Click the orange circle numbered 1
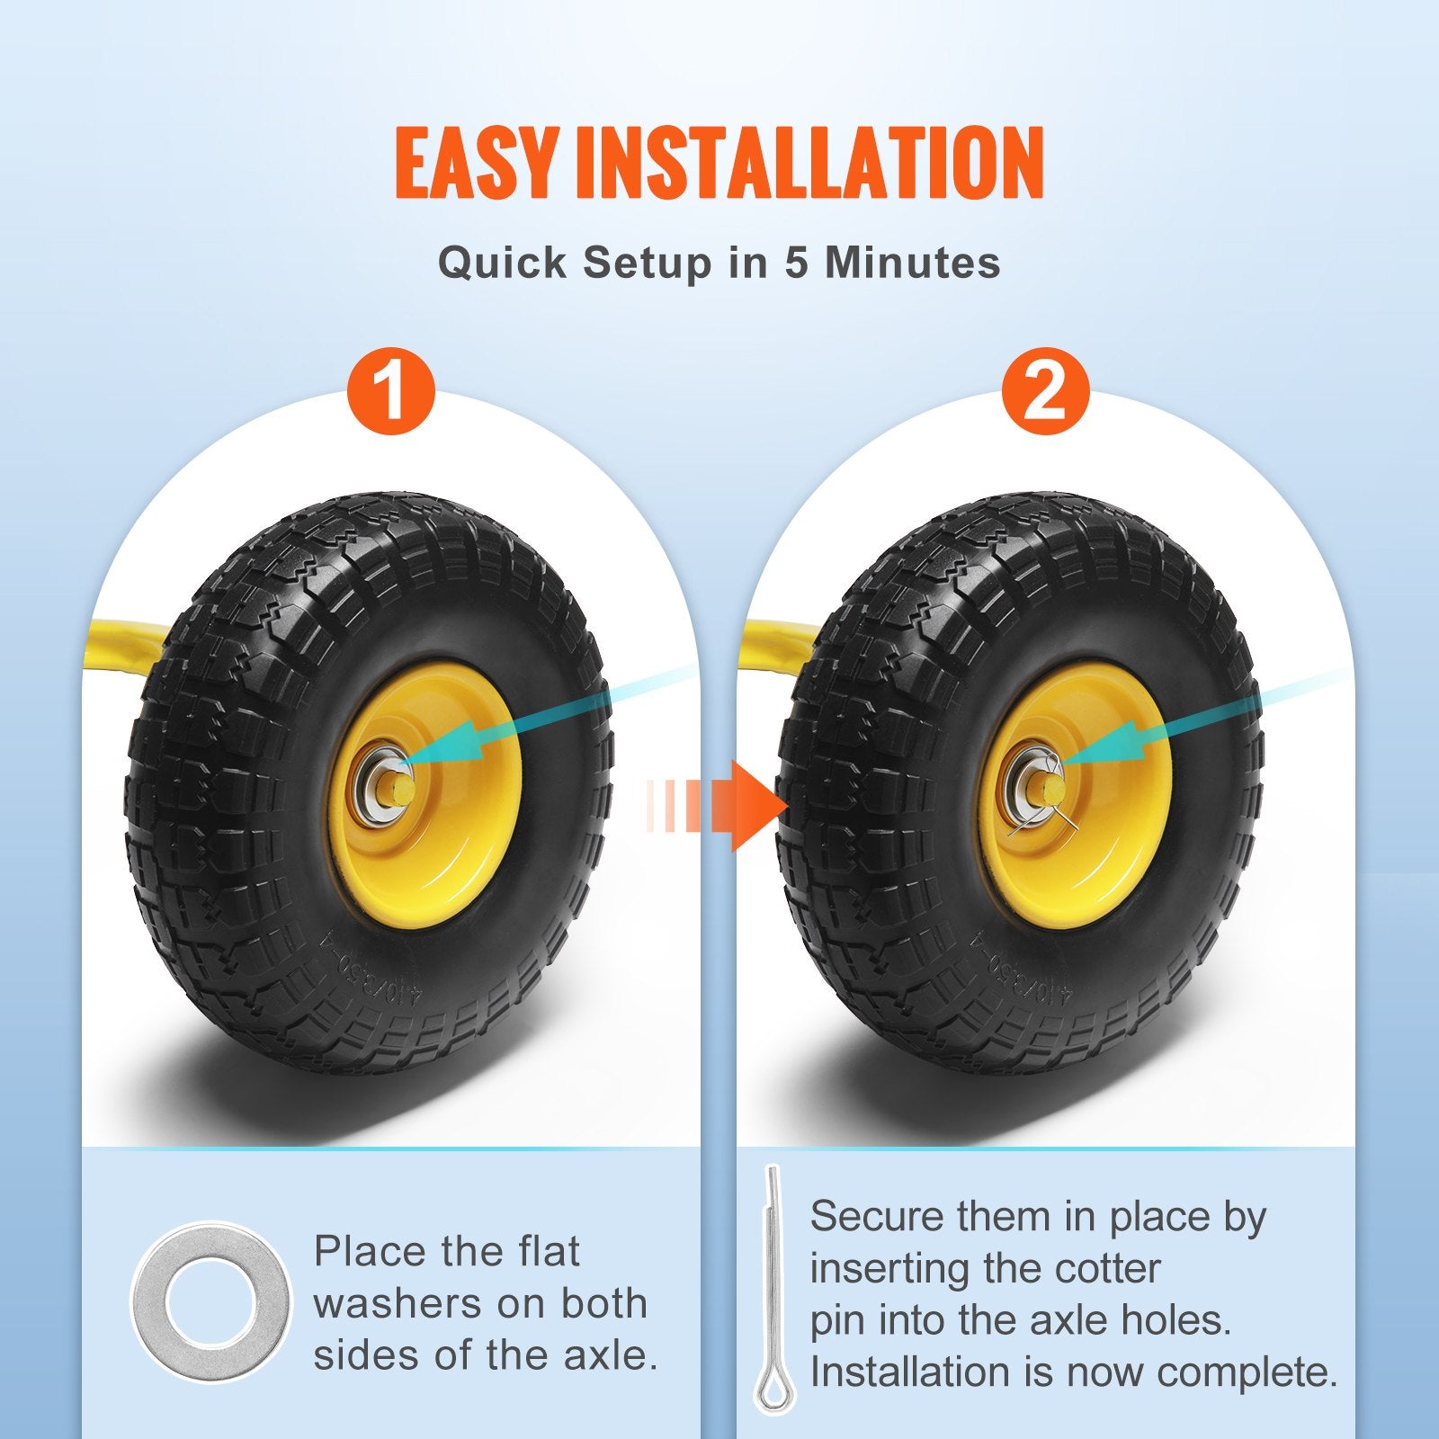click(391, 391)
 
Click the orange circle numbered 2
click(1045, 391)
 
